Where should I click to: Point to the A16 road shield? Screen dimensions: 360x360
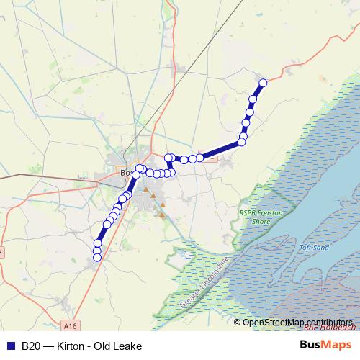[69, 325]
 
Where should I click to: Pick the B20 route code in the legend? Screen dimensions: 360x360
[30, 346]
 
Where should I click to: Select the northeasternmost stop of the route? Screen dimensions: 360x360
[263, 83]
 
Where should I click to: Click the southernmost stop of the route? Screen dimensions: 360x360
[97, 257]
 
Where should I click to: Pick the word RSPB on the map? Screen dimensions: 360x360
[247, 212]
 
